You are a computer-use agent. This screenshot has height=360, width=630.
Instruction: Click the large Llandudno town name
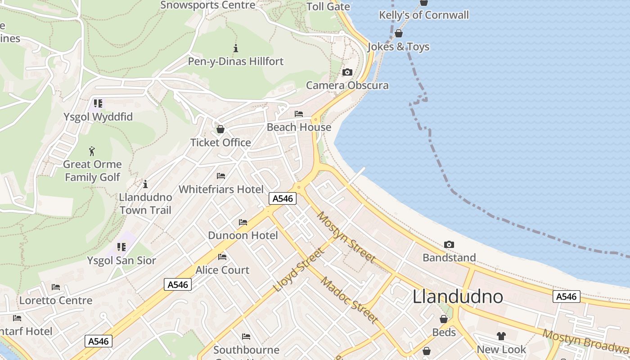coord(458,297)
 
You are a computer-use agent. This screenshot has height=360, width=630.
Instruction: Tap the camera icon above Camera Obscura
coord(347,72)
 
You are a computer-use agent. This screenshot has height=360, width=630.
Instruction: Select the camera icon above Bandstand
coord(449,244)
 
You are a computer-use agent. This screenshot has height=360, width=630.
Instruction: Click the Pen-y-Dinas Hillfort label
coord(236,62)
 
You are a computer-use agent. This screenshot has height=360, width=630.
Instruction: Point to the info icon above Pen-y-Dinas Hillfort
coord(235,48)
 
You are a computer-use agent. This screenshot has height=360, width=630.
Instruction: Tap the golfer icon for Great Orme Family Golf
coord(92,151)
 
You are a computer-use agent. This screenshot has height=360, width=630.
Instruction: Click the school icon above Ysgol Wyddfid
coord(98,103)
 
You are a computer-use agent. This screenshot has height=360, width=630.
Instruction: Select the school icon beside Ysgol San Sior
coord(121,247)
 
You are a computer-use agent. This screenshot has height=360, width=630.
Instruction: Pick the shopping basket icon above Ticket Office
coord(220,129)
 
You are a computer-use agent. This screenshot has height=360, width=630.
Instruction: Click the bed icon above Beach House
coord(298,114)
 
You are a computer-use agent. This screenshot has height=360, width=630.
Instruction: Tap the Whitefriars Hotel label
coord(221,189)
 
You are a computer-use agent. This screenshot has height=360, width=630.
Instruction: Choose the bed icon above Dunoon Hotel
coord(243,222)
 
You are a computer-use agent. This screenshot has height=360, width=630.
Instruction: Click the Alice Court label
coord(222,270)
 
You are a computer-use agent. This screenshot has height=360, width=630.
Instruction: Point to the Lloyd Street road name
coord(299,270)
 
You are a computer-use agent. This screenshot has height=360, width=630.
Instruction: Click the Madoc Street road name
coord(349,300)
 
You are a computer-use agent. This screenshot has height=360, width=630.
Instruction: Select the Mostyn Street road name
coord(346,236)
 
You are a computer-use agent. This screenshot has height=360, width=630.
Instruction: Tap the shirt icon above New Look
coord(501,336)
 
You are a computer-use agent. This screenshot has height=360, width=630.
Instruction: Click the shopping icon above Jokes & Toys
coord(398,33)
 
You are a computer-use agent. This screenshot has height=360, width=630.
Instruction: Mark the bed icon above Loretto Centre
coord(56,287)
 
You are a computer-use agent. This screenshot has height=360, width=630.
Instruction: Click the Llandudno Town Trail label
coord(145,203)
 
